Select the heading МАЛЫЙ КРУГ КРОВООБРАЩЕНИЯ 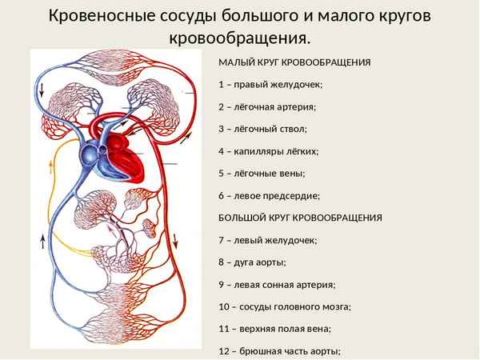point(294,62)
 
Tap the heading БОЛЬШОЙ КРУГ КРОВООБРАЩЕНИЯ point(300,218)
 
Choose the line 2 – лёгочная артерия point(266,106)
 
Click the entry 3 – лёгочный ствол point(262,129)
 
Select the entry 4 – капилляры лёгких point(268,150)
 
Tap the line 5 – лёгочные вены point(261,173)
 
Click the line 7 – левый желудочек point(267,240)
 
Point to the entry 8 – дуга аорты point(251,262)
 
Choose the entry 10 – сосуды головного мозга point(284,306)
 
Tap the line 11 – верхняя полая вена point(274,328)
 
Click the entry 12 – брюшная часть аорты point(279,350)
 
